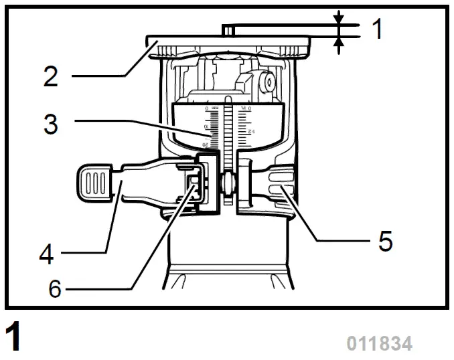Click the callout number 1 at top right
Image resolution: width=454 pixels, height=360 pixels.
[378, 29]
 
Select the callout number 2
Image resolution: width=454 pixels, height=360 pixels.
[51, 76]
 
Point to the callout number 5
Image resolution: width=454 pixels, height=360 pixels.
[384, 240]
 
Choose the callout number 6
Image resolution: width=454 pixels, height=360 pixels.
[54, 288]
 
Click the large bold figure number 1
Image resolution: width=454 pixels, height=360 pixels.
[13, 337]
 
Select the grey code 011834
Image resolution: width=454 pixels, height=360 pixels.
[379, 344]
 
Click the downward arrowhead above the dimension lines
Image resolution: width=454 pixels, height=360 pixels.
[339, 16]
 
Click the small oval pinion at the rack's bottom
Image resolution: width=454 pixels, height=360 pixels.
[229, 185]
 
